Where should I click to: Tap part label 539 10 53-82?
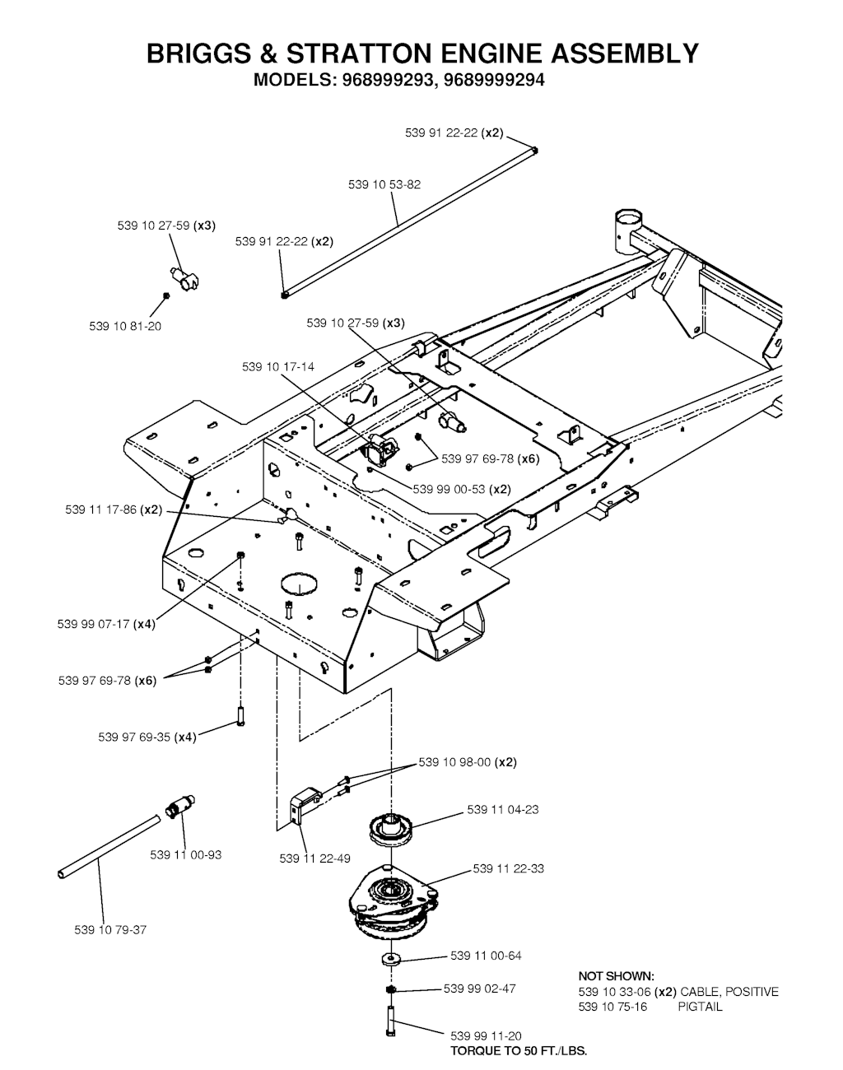pyautogui.click(x=384, y=184)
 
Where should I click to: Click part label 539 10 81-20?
pyautogui.click(x=125, y=326)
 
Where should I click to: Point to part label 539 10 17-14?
pyautogui.click(x=278, y=367)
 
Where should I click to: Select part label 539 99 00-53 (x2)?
pyautogui.click(x=462, y=489)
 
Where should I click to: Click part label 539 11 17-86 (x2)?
pyautogui.click(x=114, y=509)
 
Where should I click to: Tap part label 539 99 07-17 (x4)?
pyautogui.click(x=106, y=624)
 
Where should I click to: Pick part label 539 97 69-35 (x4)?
pyautogui.click(x=147, y=737)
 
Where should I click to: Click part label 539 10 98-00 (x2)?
pyautogui.click(x=468, y=762)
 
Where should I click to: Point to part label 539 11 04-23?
pyautogui.click(x=503, y=810)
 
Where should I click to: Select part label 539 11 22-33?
pyautogui.click(x=508, y=868)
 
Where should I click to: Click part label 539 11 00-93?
pyautogui.click(x=185, y=854)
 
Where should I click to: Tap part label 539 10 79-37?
pyautogui.click(x=110, y=930)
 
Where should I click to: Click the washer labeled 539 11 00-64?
pyautogui.click(x=391, y=959)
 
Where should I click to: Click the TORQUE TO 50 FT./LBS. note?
pyautogui.click(x=519, y=1051)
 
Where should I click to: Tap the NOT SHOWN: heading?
pyautogui.click(x=617, y=976)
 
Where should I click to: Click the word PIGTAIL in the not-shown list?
pyautogui.click(x=700, y=1007)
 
